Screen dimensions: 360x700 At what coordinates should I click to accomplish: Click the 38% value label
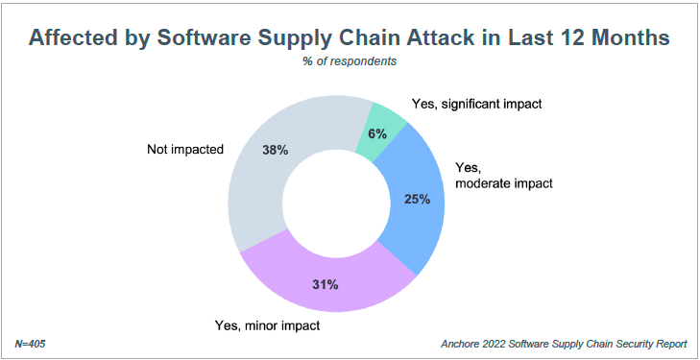276,150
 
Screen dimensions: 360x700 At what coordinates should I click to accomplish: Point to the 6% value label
376,134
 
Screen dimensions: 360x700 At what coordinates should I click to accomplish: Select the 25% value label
417,200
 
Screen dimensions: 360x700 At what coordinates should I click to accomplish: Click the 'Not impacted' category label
184,149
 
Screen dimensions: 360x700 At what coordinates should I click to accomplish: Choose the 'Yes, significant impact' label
475,102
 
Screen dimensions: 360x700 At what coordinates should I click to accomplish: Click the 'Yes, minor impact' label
266,325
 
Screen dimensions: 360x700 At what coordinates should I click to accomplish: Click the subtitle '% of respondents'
350,61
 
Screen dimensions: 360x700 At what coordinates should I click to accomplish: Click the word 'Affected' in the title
75,38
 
